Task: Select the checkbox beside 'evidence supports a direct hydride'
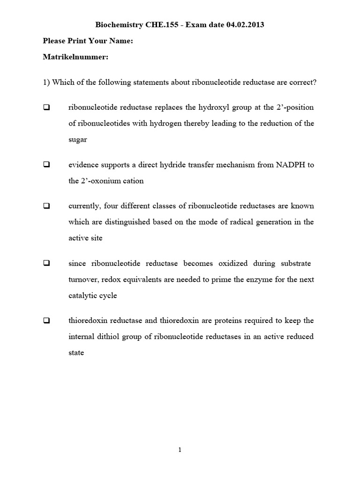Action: [47, 165]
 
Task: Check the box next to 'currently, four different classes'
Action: [47, 206]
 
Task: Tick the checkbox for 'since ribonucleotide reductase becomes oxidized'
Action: [47, 263]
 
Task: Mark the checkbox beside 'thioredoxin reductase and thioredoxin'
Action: [47, 321]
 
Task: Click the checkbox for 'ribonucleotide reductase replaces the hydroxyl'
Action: [47, 107]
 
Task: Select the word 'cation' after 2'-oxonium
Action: [133, 181]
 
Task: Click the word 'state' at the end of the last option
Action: [76, 352]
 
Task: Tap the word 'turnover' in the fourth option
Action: [84, 279]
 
